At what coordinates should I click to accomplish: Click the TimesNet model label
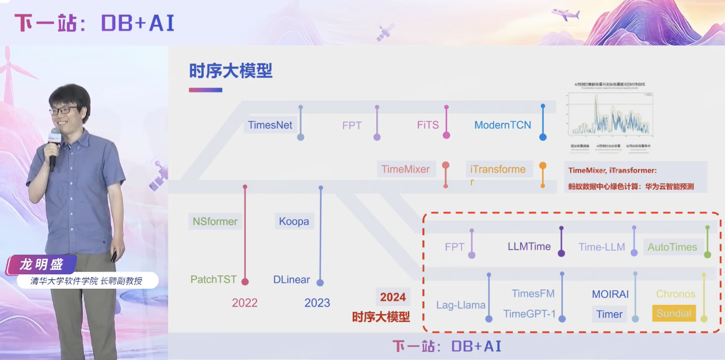coord(270,125)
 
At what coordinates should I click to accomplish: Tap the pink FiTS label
coord(428,125)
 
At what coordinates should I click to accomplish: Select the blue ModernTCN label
coord(502,125)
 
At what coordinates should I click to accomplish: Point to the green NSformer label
coord(215,221)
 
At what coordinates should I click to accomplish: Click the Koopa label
coord(294,221)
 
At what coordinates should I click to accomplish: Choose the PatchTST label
coord(213,279)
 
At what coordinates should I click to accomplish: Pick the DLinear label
coord(292,280)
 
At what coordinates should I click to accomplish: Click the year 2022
coord(245,302)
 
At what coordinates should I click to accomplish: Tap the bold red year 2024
coord(393,297)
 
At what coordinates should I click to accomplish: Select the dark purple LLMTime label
coord(529,247)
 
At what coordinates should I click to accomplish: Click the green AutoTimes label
coord(672,247)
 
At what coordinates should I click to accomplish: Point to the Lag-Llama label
coord(460,305)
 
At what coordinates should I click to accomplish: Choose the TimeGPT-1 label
coord(529,314)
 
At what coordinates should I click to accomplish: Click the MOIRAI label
coord(610,294)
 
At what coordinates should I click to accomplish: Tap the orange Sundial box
coord(674,313)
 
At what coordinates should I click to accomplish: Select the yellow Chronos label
coord(676,294)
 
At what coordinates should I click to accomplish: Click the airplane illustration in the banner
coord(565,14)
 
